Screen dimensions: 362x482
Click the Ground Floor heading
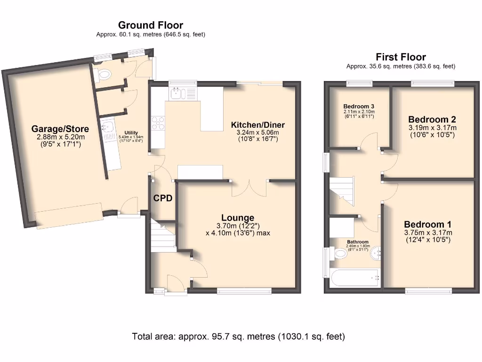pos(151,25)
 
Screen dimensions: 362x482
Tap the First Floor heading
pos(401,58)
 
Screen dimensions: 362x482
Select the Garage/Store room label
pos(60,129)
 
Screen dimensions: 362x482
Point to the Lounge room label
pos(238,218)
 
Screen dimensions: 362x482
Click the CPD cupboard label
pos(162,198)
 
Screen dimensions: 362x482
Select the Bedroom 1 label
pos(427,224)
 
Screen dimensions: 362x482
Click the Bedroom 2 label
pos(432,119)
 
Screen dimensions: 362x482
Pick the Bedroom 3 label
pos(359,106)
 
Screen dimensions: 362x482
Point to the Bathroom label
pos(357,242)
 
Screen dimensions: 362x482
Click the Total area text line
pos(239,337)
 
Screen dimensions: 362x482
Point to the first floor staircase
pos(341,191)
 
